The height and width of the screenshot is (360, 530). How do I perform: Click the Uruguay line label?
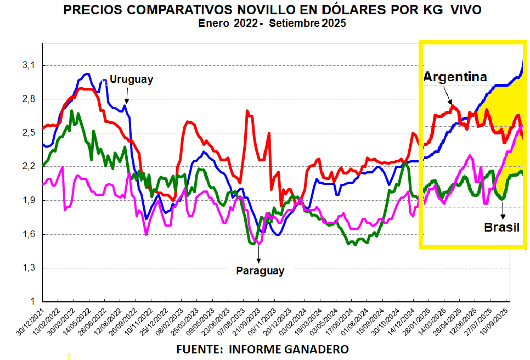tap(131, 79)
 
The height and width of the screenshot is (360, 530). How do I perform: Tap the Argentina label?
tap(455, 77)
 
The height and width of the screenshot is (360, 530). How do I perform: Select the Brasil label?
tap(501, 227)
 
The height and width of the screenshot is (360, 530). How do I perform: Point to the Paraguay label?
tap(260, 271)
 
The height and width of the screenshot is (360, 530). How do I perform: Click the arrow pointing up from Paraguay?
tap(258, 255)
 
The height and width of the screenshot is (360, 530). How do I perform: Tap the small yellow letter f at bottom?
tap(69, 356)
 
